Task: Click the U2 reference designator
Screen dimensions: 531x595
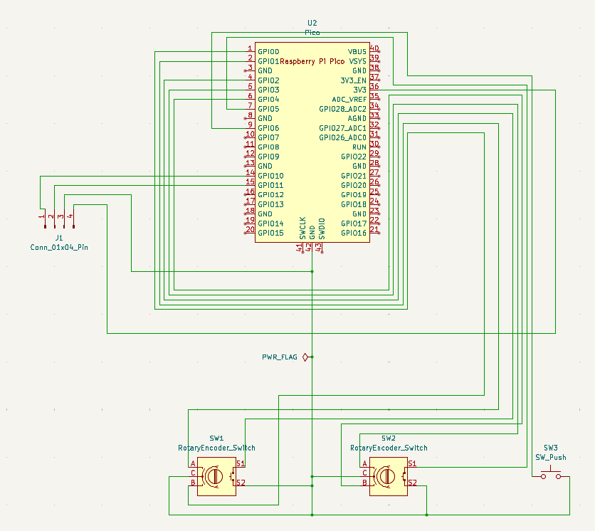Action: pyautogui.click(x=312, y=23)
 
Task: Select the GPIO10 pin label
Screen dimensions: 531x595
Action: pyautogui.click(x=270, y=176)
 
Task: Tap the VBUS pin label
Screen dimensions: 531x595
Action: pyautogui.click(x=357, y=52)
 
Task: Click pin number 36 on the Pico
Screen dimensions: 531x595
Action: pyautogui.click(x=374, y=87)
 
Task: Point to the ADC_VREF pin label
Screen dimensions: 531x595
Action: pyautogui.click(x=349, y=100)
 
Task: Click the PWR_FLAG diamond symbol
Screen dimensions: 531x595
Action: pyautogui.click(x=305, y=357)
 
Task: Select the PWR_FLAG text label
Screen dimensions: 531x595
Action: pyautogui.click(x=280, y=357)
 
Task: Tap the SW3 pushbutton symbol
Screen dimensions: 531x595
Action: pyautogui.click(x=550, y=475)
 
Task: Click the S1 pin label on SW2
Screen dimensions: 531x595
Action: pyautogui.click(x=412, y=463)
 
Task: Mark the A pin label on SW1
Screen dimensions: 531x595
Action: pyautogui.click(x=193, y=463)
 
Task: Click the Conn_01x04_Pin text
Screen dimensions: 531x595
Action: pyautogui.click(x=59, y=247)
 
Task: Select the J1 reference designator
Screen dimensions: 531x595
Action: pyautogui.click(x=59, y=237)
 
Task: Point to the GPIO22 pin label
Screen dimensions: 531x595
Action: pyautogui.click(x=354, y=157)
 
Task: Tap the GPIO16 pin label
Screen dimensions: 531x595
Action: pyautogui.click(x=354, y=233)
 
